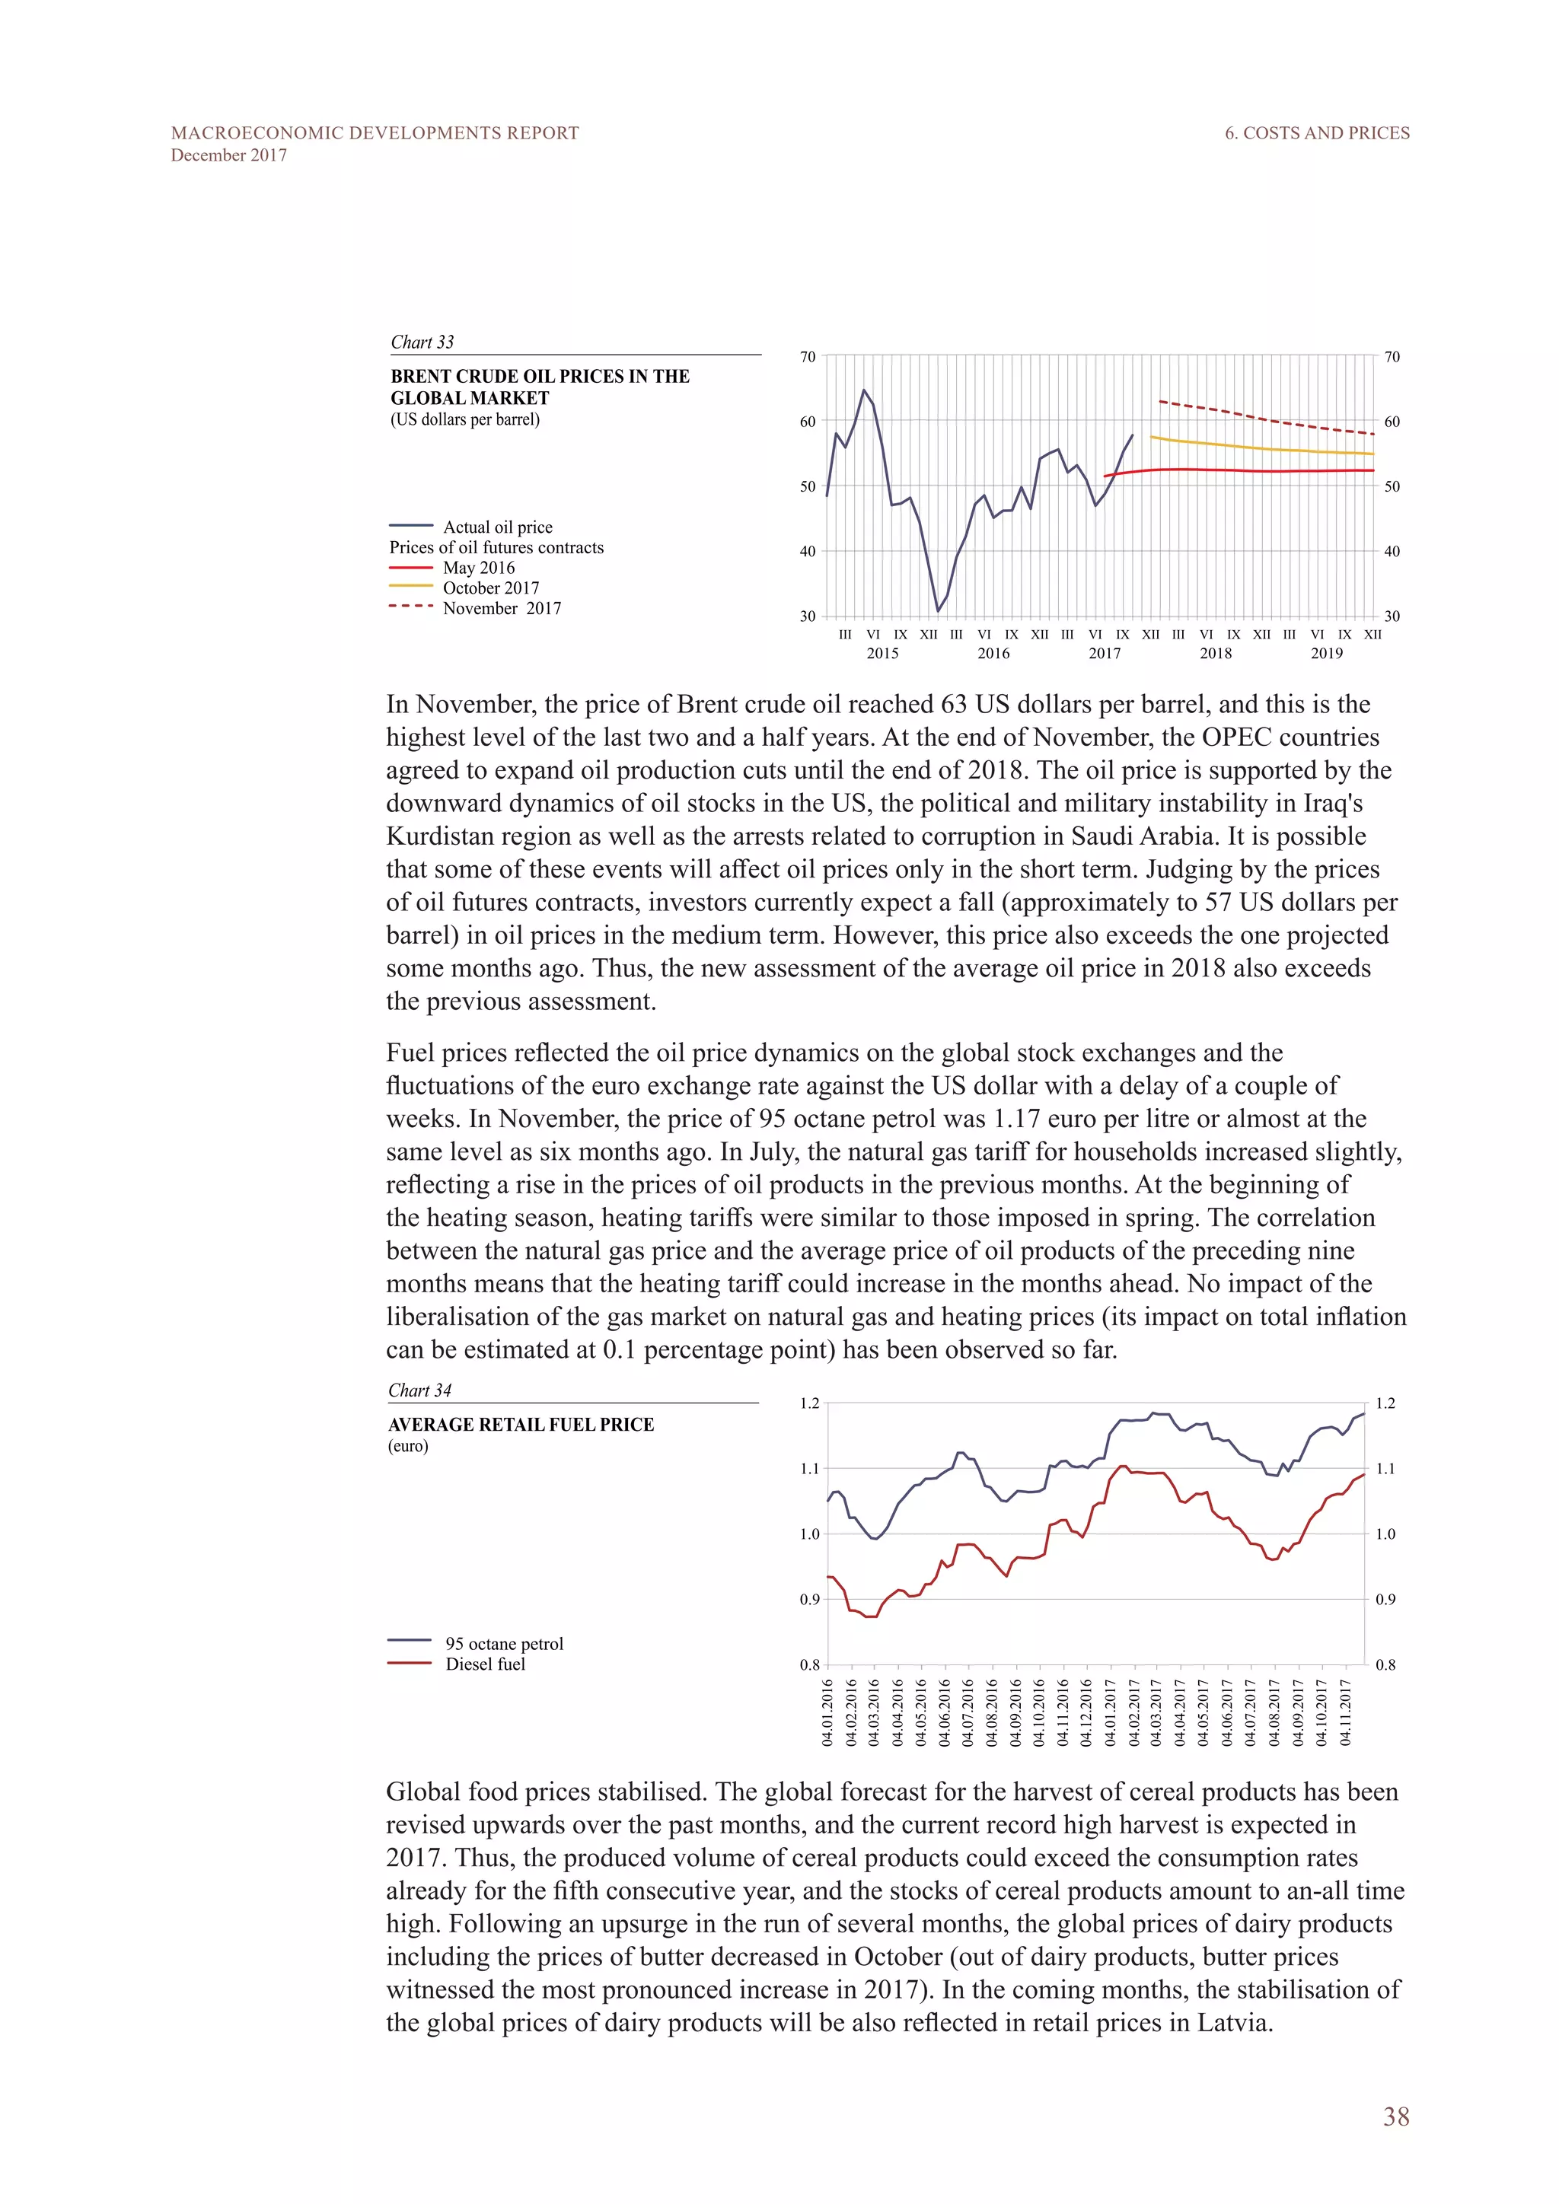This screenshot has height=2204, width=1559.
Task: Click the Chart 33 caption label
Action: (422, 342)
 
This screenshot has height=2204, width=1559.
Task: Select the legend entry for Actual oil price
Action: (497, 527)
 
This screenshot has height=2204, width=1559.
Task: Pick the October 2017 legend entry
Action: (490, 588)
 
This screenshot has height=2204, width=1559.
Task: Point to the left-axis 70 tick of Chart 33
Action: (808, 357)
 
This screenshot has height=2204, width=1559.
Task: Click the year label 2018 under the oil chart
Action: (1216, 653)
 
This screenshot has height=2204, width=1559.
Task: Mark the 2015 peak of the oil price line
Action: (864, 390)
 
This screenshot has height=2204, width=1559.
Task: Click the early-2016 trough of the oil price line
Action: (938, 610)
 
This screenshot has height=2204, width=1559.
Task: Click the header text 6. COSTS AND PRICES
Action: (1316, 133)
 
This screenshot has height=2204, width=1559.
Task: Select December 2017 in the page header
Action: (228, 155)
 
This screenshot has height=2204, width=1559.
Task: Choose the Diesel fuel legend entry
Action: (485, 1664)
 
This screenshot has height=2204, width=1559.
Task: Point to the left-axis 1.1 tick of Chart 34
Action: (809, 1469)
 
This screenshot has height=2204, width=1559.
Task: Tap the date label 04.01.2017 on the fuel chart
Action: (1111, 1712)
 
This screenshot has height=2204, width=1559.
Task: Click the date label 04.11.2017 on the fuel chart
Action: (1346, 1712)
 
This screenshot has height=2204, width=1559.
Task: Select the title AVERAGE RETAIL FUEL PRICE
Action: (521, 1425)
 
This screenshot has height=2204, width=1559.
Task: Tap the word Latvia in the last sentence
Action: (1232, 2023)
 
